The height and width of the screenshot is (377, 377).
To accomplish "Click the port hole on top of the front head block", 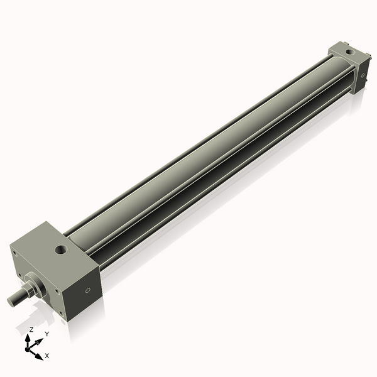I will click(61, 250).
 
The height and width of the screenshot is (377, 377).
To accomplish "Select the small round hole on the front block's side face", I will click(88, 290).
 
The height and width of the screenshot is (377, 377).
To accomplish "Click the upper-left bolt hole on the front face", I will click(14, 253).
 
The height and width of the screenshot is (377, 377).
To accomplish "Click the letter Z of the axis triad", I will click(31, 329).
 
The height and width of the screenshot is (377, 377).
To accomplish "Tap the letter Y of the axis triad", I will click(46, 334).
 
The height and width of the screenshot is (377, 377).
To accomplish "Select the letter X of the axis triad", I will click(47, 356).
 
